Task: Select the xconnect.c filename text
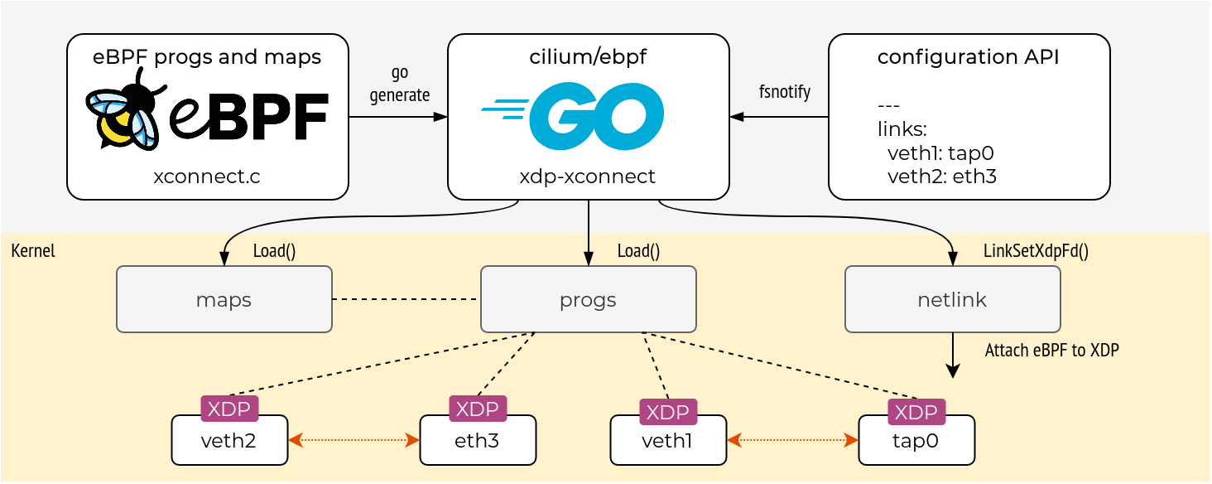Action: [x=207, y=177]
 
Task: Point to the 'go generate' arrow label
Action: [x=399, y=85]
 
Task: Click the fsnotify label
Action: [x=784, y=91]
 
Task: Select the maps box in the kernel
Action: [x=224, y=299]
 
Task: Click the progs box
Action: [x=588, y=299]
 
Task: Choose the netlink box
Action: [x=952, y=299]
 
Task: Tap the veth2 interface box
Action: [x=229, y=441]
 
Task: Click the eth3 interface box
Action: [x=478, y=441]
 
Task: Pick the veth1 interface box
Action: [x=668, y=441]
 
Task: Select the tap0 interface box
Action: [x=916, y=441]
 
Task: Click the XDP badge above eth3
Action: [x=478, y=408]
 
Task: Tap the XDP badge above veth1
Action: [x=668, y=412]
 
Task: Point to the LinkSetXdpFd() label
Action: [x=1036, y=252]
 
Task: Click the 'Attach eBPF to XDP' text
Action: [x=1051, y=351]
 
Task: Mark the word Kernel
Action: [x=33, y=251]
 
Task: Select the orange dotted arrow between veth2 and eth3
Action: [x=353, y=441]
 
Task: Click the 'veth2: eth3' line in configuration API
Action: [x=941, y=175]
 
